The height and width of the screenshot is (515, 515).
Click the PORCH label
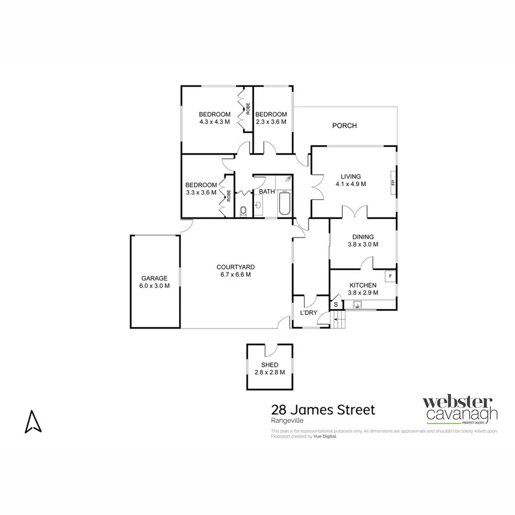point(344,126)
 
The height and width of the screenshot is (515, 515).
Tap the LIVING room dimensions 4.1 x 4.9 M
point(351,184)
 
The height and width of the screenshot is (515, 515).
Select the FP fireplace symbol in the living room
point(393,183)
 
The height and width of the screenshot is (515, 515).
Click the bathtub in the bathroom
point(284,205)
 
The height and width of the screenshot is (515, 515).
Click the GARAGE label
point(154,279)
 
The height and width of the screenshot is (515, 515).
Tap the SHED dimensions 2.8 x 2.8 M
point(270,373)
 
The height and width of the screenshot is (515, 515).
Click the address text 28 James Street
point(323,410)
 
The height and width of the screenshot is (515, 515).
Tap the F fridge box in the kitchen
point(390,276)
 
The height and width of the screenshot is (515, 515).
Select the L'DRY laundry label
point(309,313)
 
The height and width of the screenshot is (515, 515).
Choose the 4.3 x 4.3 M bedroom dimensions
point(215,121)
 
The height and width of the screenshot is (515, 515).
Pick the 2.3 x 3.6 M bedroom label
point(271,121)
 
